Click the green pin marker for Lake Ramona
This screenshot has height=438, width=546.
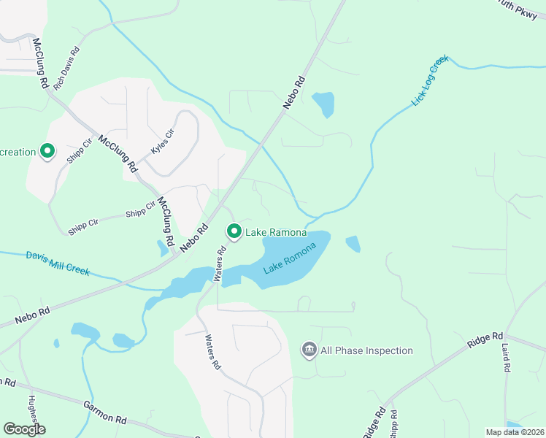tap(234, 232)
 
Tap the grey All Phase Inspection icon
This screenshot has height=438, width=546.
tap(309, 350)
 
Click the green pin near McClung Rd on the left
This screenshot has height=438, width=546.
tap(47, 152)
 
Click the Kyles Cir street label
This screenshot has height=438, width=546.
tap(163, 140)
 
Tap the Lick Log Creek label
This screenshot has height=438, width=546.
tap(428, 80)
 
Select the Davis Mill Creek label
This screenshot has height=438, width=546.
tap(58, 264)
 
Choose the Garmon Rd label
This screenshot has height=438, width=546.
tap(105, 413)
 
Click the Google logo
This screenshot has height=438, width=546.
tap(23, 429)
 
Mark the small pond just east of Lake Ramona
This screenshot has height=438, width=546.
tap(353, 244)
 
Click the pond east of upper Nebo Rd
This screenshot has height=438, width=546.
tap(323, 104)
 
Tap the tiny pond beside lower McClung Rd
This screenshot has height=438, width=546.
tap(162, 249)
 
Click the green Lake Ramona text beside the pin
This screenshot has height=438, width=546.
tap(276, 233)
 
